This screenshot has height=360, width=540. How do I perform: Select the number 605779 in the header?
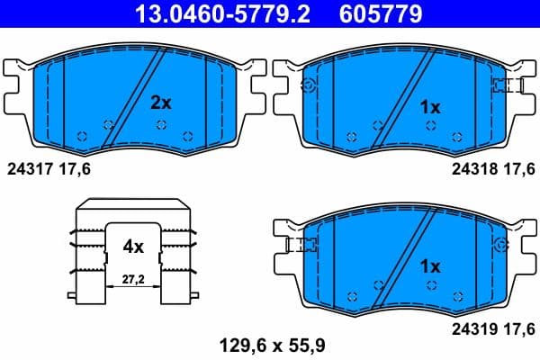[x=378, y=13]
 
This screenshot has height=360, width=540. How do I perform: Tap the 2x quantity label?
[x=160, y=103]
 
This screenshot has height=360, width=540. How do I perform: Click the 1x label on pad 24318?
[x=430, y=107]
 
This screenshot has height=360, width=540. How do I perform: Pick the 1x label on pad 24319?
[x=430, y=266]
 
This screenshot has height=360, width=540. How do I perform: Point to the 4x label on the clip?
[x=133, y=244]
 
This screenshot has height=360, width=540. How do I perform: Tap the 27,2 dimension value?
[x=133, y=281]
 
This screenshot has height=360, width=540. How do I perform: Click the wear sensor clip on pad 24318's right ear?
[x=508, y=85]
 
